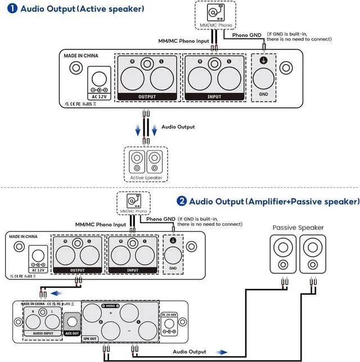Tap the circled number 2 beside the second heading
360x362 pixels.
point(182,201)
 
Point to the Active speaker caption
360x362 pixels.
point(146,178)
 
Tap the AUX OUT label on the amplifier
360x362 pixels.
point(72,333)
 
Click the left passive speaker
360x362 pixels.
point(281,255)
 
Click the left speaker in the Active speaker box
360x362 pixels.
point(137,161)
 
